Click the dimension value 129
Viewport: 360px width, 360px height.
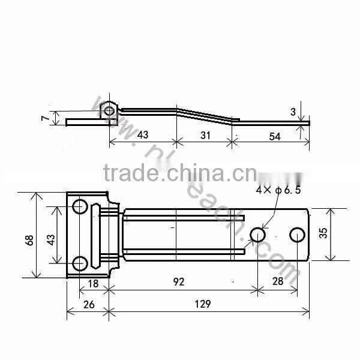pyautogui.click(x=202, y=304)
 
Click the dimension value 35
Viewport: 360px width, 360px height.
pyautogui.click(x=323, y=232)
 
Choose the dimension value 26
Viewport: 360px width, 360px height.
pyautogui.click(x=88, y=304)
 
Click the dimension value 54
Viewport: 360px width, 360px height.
pyautogui.click(x=274, y=136)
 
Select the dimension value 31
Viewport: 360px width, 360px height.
pyautogui.click(x=205, y=136)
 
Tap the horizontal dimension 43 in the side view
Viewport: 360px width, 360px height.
pyautogui.click(x=142, y=135)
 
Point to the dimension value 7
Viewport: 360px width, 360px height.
pyautogui.click(x=44, y=118)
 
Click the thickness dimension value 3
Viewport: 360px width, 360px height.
pyautogui.click(x=292, y=112)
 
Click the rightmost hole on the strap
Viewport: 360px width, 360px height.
pyautogui.click(x=296, y=234)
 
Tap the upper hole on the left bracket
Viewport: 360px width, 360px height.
pyautogui.click(x=79, y=207)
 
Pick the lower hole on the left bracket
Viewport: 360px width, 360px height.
pyautogui.click(x=79, y=263)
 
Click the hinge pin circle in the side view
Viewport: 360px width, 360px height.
pyautogui.click(x=109, y=110)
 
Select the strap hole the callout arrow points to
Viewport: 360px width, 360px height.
pyautogui.click(x=257, y=234)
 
